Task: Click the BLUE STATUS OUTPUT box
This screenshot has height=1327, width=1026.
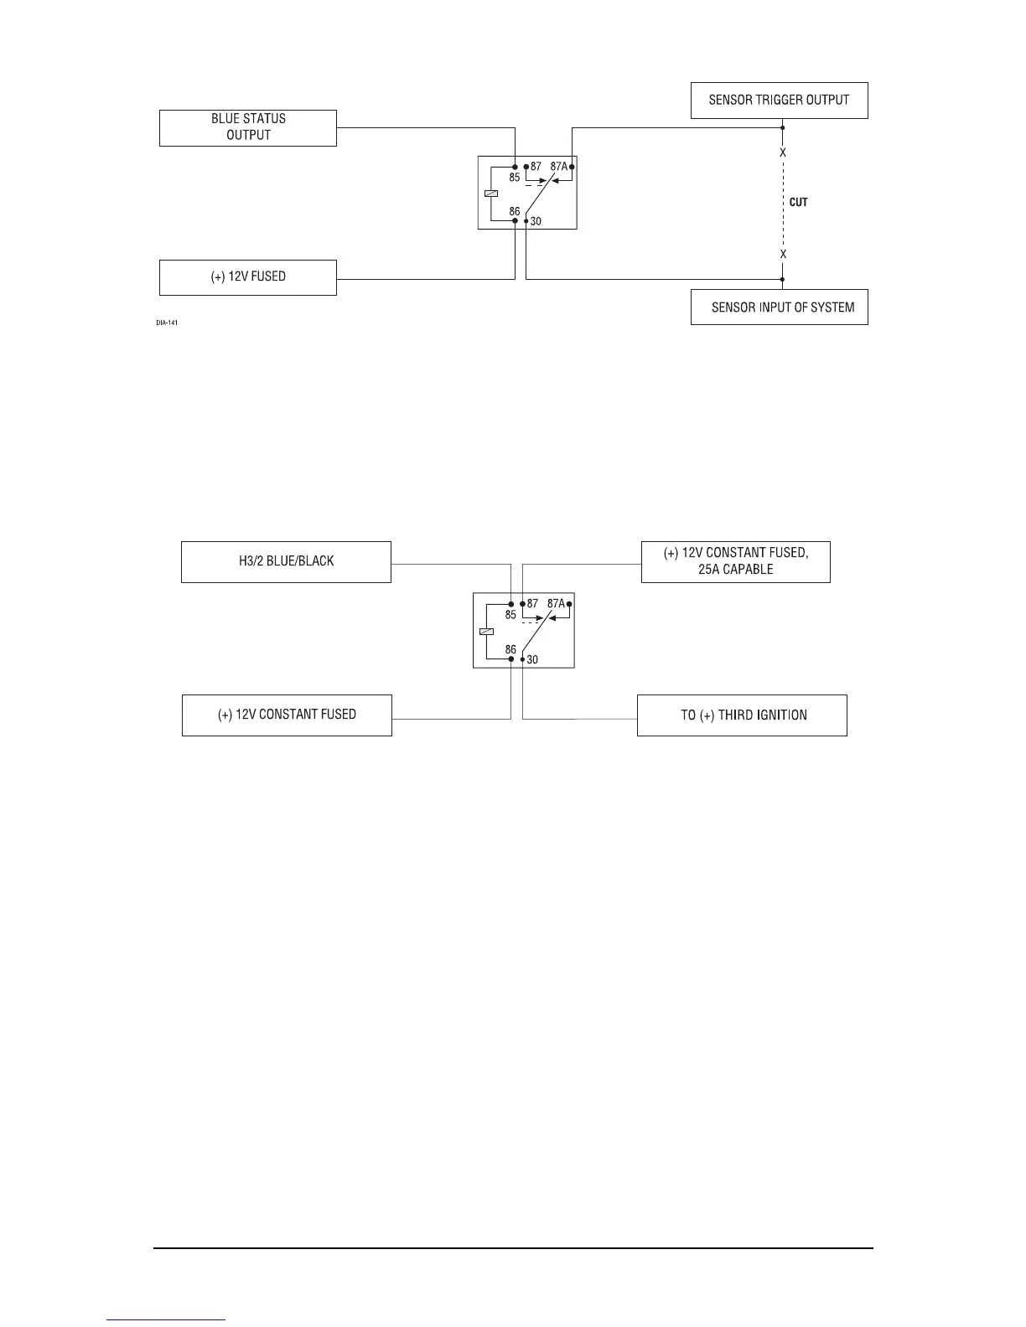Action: (x=248, y=127)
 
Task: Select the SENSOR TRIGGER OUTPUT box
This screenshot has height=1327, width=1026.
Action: (x=779, y=100)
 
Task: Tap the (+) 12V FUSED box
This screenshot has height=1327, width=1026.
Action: (x=248, y=276)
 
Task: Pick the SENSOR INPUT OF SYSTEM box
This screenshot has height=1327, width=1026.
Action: (x=779, y=307)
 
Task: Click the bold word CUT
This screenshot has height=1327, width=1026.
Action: (x=799, y=203)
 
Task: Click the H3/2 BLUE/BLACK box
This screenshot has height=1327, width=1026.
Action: (x=286, y=561)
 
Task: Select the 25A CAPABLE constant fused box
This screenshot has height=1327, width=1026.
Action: (x=735, y=561)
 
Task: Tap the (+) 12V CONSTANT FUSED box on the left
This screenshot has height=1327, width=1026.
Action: (x=287, y=715)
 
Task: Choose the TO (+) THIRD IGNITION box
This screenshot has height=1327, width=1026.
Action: (x=742, y=715)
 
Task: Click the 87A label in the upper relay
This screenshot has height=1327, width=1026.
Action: (x=559, y=167)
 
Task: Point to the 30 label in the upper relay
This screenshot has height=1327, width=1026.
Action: (x=536, y=222)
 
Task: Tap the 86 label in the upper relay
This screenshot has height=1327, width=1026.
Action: (x=514, y=211)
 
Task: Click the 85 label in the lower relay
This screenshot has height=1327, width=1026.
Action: (x=510, y=614)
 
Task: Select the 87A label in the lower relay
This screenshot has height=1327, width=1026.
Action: (x=555, y=603)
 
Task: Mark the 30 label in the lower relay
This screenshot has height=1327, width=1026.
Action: (x=532, y=660)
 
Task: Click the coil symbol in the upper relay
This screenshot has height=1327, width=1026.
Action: (x=491, y=194)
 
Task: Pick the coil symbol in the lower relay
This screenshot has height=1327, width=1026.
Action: (x=486, y=632)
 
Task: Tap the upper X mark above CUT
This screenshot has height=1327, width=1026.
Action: (x=783, y=153)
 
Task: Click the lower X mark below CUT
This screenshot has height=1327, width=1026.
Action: (x=783, y=254)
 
